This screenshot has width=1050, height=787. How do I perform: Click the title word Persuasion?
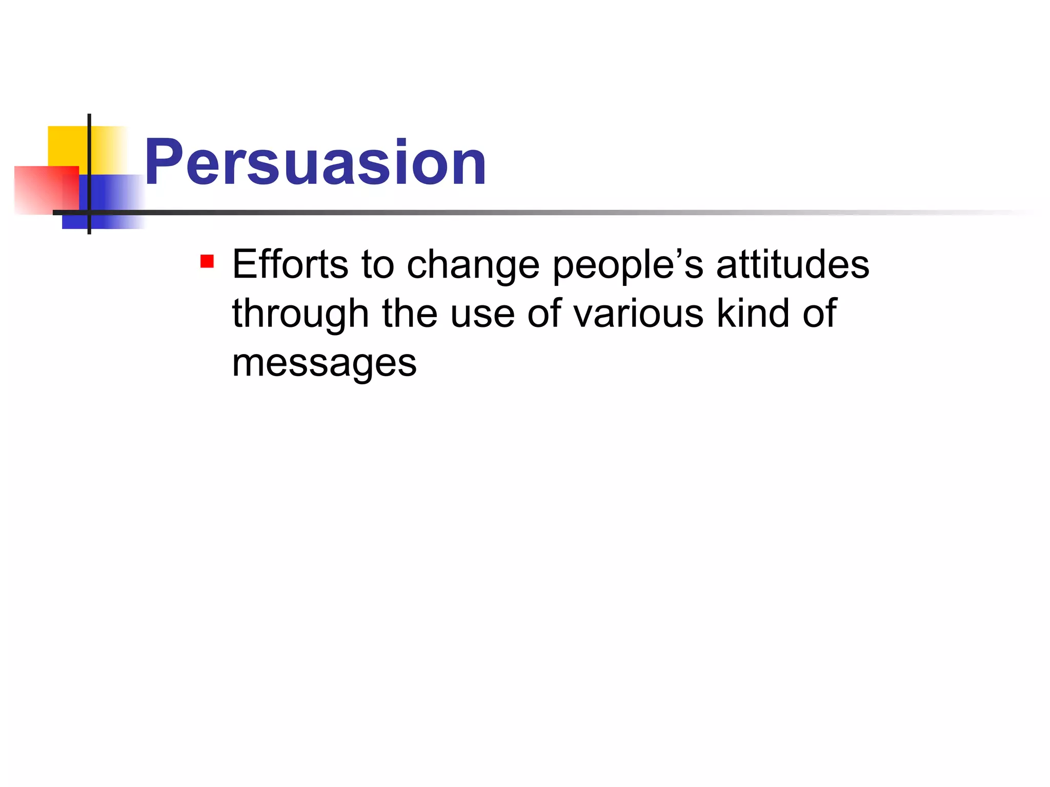coord(315,163)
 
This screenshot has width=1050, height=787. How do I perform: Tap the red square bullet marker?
coord(207,262)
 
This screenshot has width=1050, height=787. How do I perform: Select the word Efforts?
coord(290,264)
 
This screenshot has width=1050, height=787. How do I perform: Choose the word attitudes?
coord(792,264)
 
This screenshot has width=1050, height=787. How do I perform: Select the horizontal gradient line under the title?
coord(513,212)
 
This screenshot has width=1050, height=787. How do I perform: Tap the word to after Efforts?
coord(377,265)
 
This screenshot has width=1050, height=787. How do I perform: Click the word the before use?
coord(410,314)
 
